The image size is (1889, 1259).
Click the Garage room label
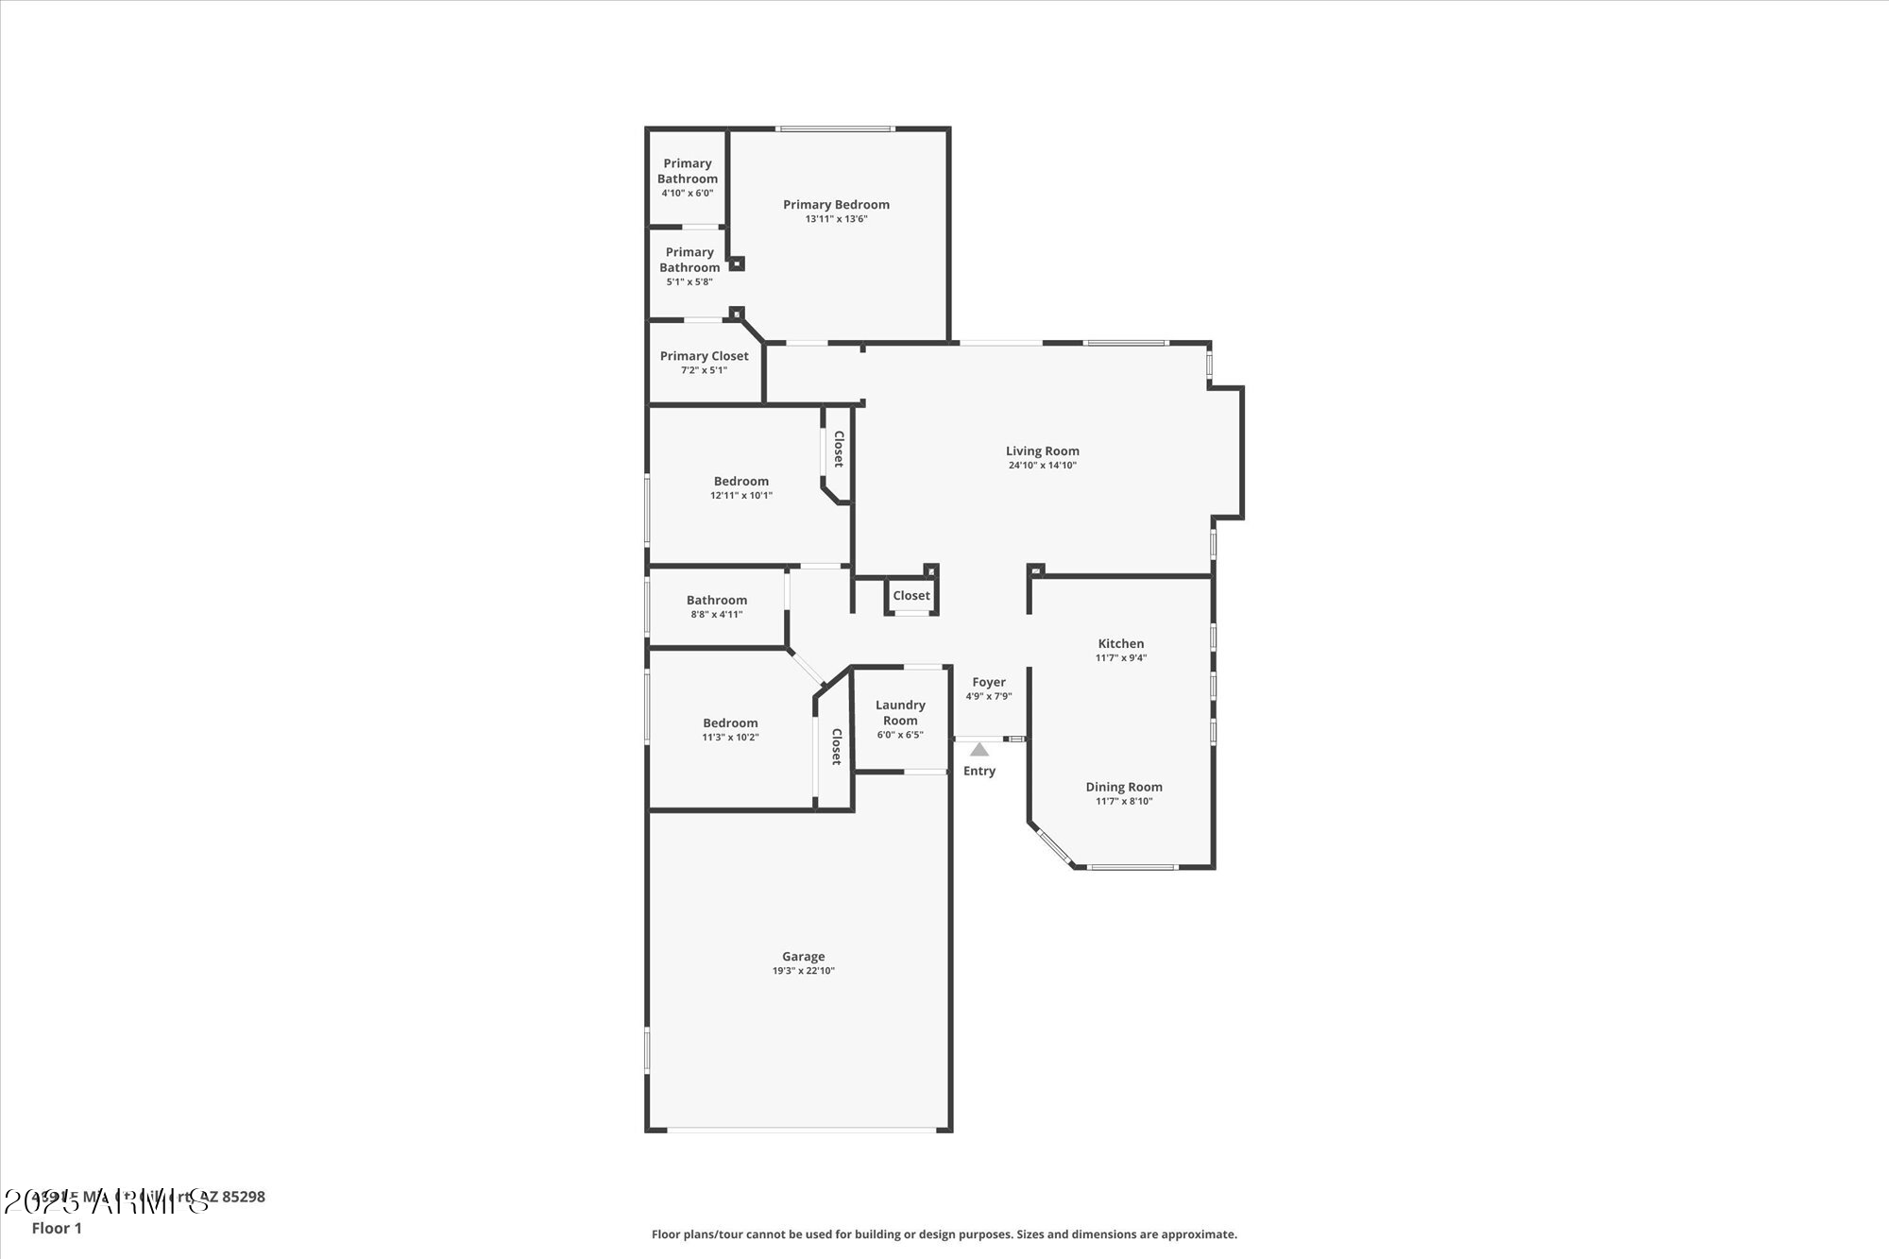pos(803,956)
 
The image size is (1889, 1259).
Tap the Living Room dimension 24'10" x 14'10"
pos(1042,465)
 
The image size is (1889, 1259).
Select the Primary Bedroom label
pos(836,204)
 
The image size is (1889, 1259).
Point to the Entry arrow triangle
pos(979,749)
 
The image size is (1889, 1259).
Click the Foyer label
pos(988,682)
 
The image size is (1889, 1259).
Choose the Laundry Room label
pos(900,712)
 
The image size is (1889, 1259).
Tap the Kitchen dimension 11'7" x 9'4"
pos(1120,657)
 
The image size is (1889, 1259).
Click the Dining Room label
pos(1123,787)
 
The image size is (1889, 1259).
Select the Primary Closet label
pos(704,356)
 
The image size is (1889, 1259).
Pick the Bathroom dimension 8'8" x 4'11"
pos(716,614)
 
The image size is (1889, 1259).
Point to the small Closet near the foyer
pos(910,595)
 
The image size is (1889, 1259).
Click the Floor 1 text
pos(57,1228)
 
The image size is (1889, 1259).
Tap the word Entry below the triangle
pos(979,771)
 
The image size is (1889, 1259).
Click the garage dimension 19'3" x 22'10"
pos(803,971)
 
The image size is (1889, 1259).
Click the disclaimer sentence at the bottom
pos(944,1233)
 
